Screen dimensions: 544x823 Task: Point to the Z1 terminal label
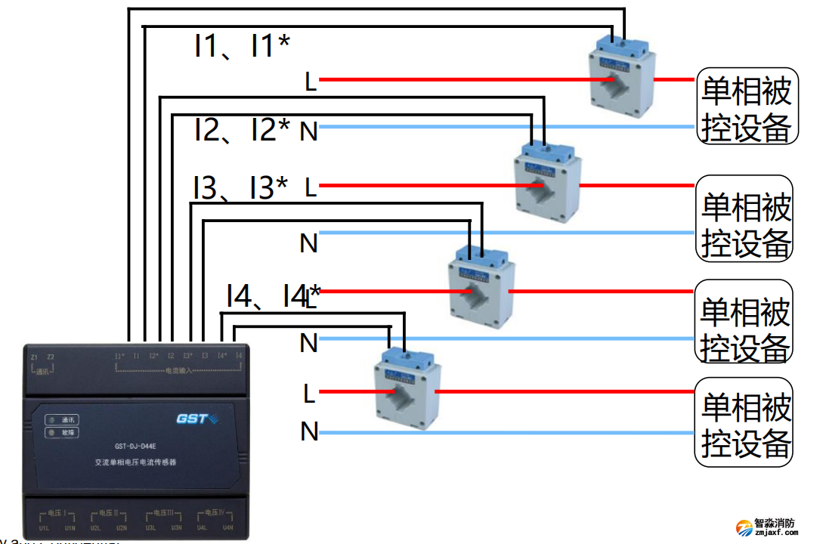click(x=33, y=357)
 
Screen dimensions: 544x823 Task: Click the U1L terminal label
click(x=44, y=527)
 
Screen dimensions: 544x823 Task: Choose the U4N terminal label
click(x=228, y=527)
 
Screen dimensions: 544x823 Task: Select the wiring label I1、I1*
click(x=241, y=47)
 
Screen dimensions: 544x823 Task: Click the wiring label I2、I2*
click(x=241, y=131)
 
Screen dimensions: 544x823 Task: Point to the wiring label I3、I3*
click(x=240, y=188)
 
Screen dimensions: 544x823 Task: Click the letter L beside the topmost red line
click(x=310, y=82)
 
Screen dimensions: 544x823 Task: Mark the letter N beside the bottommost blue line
click(x=309, y=431)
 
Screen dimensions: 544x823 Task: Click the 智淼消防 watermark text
click(x=775, y=523)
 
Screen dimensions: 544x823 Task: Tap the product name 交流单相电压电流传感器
click(x=135, y=462)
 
